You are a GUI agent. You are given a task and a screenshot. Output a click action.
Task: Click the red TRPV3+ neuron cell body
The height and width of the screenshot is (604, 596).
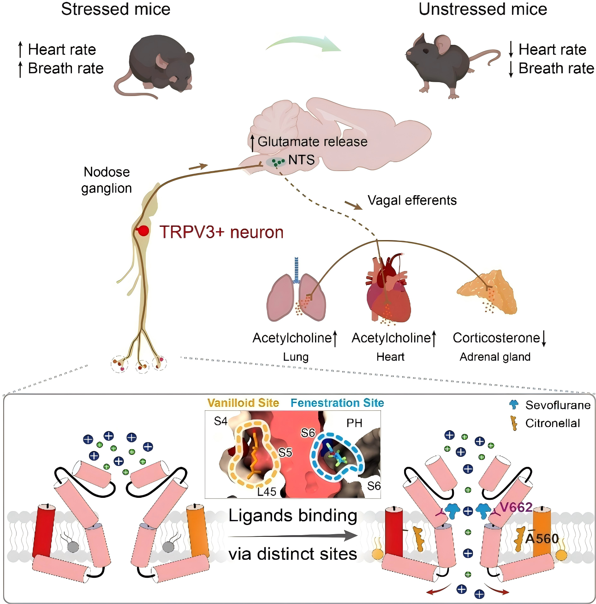pos(143,231)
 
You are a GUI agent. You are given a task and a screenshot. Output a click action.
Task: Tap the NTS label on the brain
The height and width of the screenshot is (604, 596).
pos(301,160)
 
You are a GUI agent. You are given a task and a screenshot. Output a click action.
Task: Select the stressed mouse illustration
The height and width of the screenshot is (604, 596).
pos(154,66)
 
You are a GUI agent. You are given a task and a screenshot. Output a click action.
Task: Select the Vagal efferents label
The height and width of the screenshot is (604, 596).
pos(412,200)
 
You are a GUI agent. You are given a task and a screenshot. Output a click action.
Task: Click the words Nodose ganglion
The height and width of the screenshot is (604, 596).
pos(107,180)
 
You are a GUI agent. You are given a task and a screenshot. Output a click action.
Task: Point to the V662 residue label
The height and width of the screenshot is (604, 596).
pos(516,507)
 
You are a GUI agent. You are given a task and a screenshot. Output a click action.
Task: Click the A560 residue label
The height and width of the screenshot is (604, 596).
pos(542,539)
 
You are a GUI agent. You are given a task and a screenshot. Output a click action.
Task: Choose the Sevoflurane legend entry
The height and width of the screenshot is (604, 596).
pos(550,405)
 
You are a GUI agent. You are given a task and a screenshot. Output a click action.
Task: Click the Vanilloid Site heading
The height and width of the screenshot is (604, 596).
pos(243,403)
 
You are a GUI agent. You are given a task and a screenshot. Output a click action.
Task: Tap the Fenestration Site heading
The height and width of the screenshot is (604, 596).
pos(337,403)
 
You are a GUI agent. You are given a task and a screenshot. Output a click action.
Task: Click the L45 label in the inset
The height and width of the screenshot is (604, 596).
pos(267,492)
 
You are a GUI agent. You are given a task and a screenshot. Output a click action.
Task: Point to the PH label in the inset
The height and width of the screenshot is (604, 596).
pos(354,423)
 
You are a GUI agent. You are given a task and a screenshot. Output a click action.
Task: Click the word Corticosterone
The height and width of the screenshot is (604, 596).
pos(496,338)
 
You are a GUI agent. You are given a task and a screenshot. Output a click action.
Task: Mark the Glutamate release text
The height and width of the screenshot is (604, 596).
pos(313,142)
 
